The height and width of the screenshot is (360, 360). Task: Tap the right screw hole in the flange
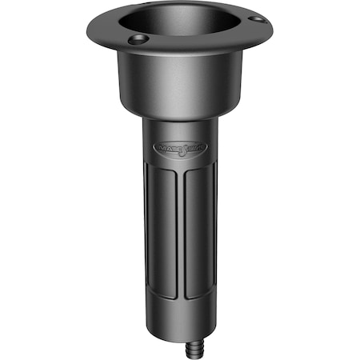coord(254,18)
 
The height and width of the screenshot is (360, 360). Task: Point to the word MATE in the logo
coord(166,148)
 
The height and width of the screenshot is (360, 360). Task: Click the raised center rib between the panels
coord(181,240)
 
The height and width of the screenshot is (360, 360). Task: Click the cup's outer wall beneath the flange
coord(180,88)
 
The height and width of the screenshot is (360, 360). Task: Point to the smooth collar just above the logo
coord(180,128)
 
